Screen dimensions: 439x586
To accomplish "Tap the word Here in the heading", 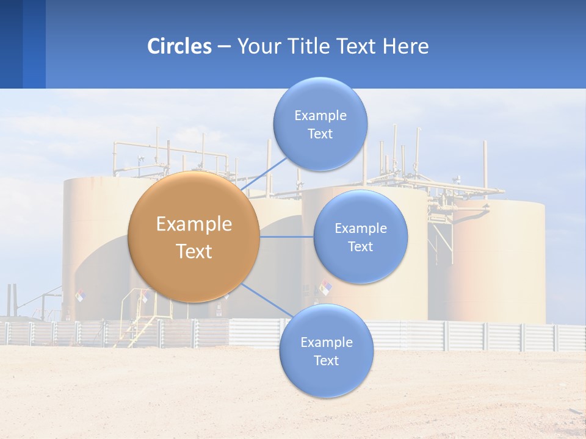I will coord(405,46).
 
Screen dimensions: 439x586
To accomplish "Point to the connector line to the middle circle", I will coord(286,237).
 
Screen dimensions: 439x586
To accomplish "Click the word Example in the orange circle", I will coord(194,224).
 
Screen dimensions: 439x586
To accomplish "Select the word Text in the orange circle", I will coord(194,251).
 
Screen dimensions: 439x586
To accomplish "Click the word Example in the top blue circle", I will coord(320,116).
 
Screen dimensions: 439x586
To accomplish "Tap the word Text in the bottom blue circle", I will coord(326,361).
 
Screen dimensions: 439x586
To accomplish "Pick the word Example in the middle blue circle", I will coord(360,229).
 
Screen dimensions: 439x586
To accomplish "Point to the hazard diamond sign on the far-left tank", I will coord(80,296).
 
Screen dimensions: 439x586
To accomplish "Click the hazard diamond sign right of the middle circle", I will coord(326,287).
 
